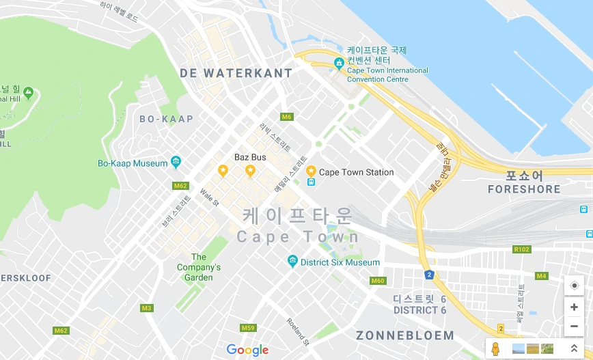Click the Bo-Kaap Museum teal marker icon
click(176, 163)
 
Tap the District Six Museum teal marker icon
click(292, 262)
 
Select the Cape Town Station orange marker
click(311, 171)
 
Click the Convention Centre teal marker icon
click(339, 64)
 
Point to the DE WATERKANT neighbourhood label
click(236, 73)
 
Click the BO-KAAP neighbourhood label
click(166, 119)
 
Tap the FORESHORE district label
click(524, 189)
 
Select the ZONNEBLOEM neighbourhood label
click(404, 335)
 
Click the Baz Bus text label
click(250, 157)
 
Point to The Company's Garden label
click(199, 267)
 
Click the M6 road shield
click(287, 117)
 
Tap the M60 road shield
click(378, 281)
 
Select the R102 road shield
click(521, 249)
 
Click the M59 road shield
click(248, 329)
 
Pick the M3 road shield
click(146, 308)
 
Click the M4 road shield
click(542, 276)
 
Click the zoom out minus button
click(574, 327)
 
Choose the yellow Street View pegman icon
click(496, 348)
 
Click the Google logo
click(247, 350)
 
